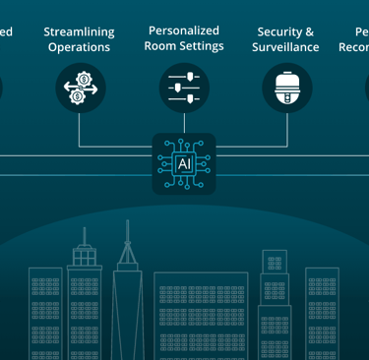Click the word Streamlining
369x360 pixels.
[79, 31]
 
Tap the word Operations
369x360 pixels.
[79, 47]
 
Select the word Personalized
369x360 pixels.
[184, 30]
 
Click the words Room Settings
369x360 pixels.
[184, 46]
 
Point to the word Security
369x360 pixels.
[278, 31]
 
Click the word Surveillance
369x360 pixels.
[285, 47]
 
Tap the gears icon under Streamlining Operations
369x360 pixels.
[81, 89]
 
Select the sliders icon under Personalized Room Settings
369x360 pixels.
[184, 89]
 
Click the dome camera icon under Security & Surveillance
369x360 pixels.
[287, 89]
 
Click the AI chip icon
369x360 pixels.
[184, 163]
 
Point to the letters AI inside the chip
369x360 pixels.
[184, 163]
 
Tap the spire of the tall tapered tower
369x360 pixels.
[128, 236]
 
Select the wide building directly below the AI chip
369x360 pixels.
[201, 315]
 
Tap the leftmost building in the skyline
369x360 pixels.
[45, 315]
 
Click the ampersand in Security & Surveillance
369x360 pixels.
[308, 31]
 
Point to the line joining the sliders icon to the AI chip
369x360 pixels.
[184, 122]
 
